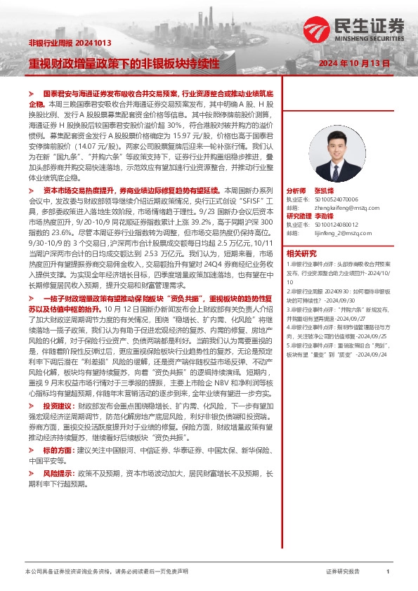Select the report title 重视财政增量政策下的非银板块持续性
[124, 63]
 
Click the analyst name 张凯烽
[324, 191]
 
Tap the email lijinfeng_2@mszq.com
[339, 233]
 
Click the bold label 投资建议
[58, 406]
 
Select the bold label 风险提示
[58, 474]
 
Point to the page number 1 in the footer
[388, 572]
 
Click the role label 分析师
[296, 191]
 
